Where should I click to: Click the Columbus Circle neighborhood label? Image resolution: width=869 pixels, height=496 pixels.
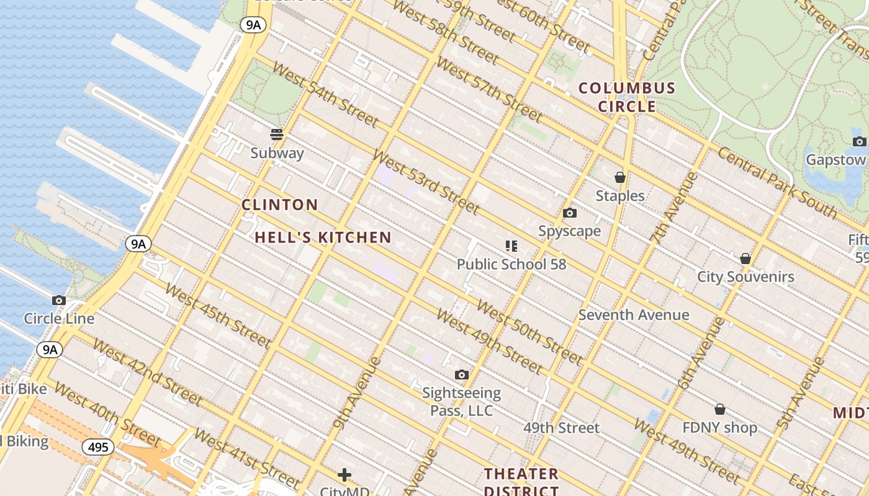click(627, 97)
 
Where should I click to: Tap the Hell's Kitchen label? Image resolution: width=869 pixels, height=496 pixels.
click(323, 237)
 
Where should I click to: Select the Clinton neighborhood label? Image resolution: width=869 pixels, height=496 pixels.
click(279, 205)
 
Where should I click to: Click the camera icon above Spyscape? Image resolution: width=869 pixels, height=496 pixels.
click(569, 213)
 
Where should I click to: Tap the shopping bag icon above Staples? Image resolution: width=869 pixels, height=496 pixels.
click(619, 178)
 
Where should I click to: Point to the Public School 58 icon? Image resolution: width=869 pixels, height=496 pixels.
click(511, 246)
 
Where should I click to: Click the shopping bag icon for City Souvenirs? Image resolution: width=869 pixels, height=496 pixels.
click(745, 259)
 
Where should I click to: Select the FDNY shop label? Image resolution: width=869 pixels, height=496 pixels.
click(719, 428)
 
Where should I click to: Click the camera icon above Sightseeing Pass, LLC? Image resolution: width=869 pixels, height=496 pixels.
click(461, 374)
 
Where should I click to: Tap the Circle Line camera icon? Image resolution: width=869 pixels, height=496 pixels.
click(59, 301)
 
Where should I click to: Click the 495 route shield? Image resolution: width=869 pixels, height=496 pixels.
click(98, 447)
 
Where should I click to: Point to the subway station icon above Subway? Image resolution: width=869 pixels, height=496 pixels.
click(277, 135)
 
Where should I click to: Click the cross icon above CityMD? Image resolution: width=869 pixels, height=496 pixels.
click(344, 476)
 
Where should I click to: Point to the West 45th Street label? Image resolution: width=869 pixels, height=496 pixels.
click(217, 315)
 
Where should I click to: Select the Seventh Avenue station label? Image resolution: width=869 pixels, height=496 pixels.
click(634, 315)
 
